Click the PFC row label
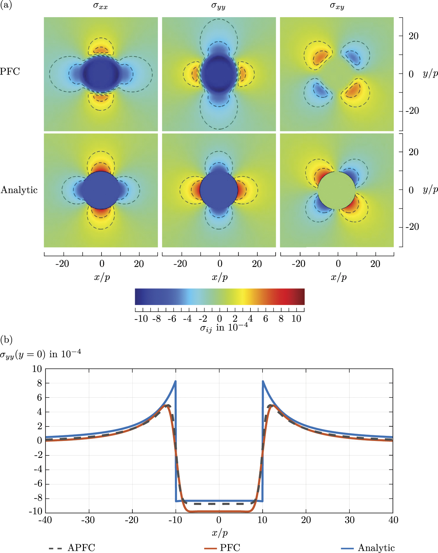tap(10, 72)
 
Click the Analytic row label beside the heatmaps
tap(19, 190)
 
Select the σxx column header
tap(100, 6)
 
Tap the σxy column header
tap(337, 6)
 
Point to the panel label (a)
tap(6, 5)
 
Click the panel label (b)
tap(6, 340)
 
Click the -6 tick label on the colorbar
tap(172, 319)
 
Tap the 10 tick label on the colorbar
tap(296, 319)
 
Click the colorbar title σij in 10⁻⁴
tap(224, 328)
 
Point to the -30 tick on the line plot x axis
tap(88, 520)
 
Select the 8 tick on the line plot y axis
tap(40, 383)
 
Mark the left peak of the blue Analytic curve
tap(175, 382)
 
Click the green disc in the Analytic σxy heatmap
tap(337, 190)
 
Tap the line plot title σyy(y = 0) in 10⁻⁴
tap(40, 354)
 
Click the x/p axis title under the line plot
tap(220, 533)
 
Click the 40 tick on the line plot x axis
tap(393, 520)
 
